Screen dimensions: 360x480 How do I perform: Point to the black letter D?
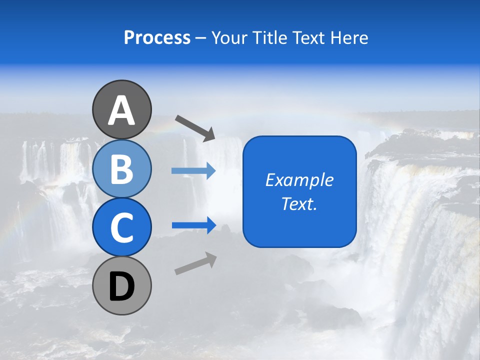121,287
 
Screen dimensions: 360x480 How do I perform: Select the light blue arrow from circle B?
193,171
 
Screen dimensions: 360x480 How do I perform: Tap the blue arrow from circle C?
193,225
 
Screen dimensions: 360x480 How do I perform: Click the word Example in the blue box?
299,180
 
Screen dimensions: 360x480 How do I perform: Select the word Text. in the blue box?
299,204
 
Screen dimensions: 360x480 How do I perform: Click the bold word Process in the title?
157,37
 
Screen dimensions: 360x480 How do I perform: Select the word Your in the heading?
228,37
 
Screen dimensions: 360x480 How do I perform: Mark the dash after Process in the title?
201,38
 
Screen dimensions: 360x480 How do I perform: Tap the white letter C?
121,228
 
